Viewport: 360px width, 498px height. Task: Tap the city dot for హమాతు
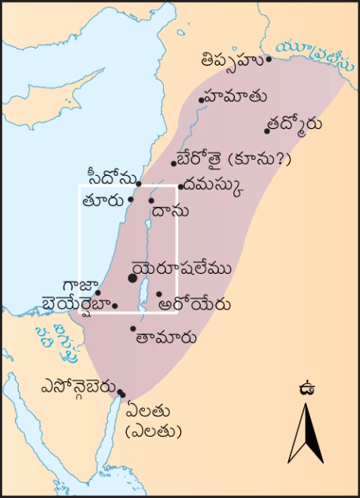point(202,100)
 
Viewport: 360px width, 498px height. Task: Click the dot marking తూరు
point(131,199)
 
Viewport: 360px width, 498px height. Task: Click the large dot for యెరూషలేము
point(133,278)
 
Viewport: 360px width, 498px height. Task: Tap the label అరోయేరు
point(184,305)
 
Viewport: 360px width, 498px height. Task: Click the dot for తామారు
point(134,329)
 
